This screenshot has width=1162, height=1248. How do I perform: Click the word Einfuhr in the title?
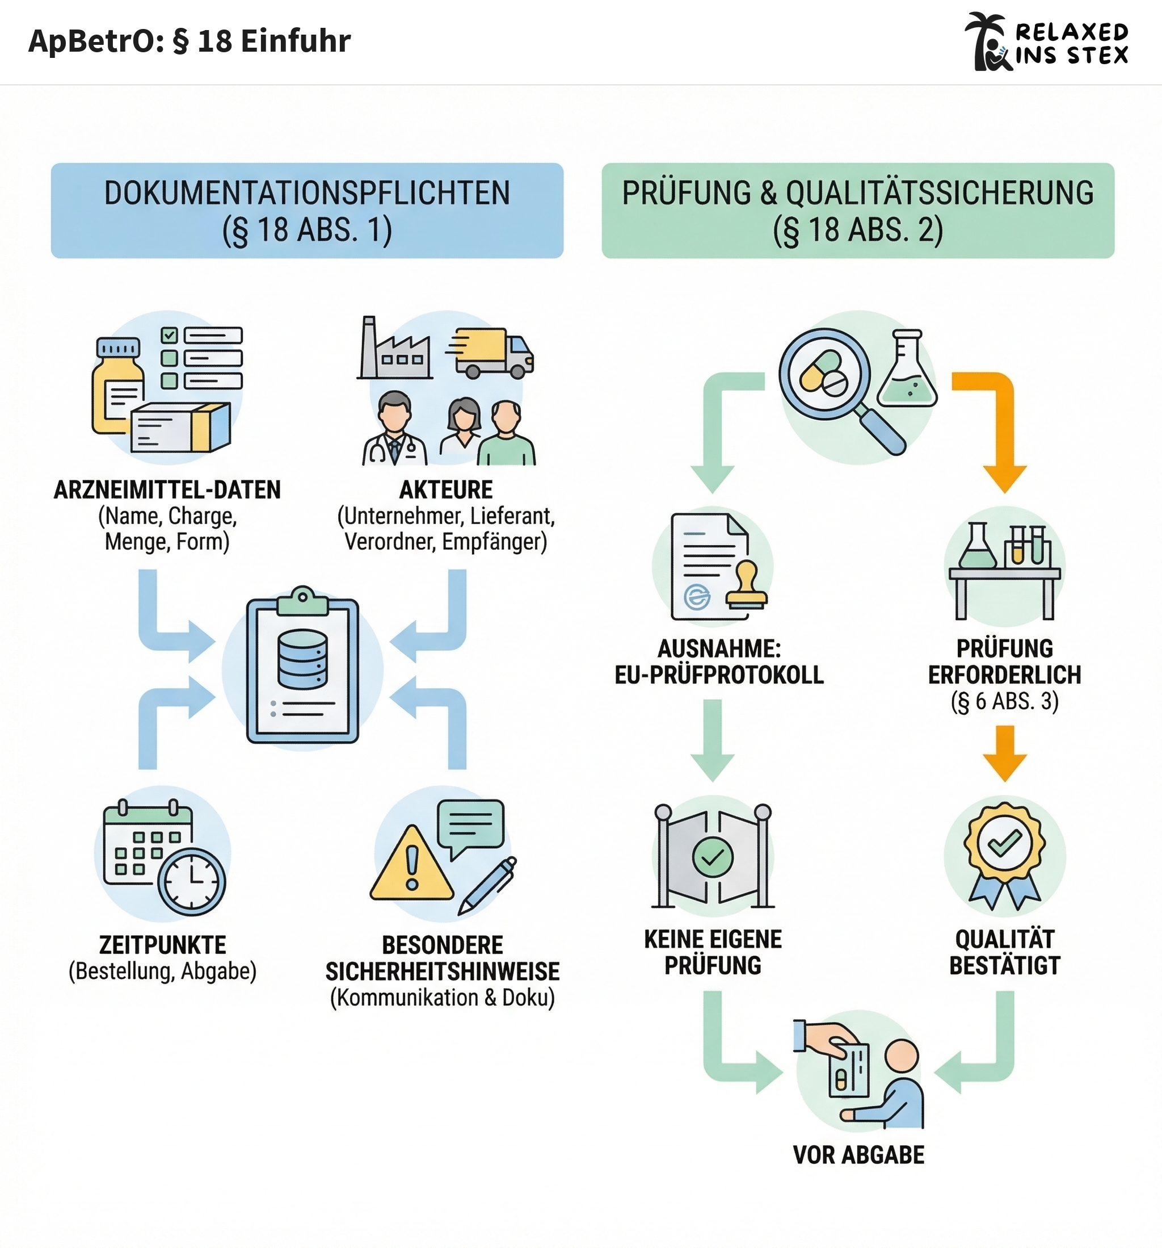[296, 41]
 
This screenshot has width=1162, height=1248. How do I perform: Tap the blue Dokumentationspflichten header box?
[307, 210]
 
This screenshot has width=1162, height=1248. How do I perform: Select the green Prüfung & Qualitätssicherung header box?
[858, 210]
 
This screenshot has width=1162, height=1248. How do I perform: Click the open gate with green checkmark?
[713, 856]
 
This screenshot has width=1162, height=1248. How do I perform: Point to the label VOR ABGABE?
[858, 1154]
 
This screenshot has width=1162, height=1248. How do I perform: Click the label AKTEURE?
[446, 489]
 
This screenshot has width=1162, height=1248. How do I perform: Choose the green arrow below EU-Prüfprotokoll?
[713, 741]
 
